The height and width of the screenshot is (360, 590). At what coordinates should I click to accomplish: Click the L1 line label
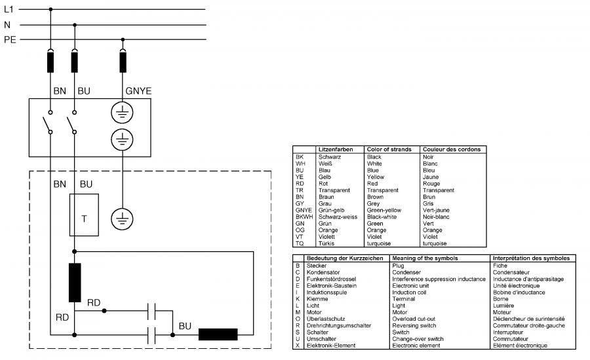pos(9,9)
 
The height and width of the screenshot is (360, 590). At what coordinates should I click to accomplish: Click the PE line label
pos(10,39)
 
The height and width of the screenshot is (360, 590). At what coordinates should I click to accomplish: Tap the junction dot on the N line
pos(75,25)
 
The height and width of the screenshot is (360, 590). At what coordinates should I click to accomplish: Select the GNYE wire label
pos(138,91)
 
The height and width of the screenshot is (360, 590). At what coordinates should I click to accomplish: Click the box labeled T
pos(84,215)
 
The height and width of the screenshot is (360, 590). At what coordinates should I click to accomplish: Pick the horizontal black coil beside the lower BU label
pos(218,334)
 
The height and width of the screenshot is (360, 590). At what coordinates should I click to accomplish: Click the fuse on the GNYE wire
pos(123,62)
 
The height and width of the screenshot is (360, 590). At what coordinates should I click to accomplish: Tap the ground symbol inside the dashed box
pos(122,219)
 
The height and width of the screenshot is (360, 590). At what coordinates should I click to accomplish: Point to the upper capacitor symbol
pos(151,311)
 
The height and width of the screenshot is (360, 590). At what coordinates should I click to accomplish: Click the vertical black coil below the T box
pos(75,283)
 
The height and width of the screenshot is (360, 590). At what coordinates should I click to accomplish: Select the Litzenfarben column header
pos(336,150)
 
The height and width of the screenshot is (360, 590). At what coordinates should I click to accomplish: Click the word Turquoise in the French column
pos(435,244)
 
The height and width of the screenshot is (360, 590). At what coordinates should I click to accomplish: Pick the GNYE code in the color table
pos(304,210)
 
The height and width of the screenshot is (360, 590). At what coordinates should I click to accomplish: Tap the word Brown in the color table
pos(375,197)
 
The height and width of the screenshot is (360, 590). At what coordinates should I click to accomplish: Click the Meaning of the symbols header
pos(425,258)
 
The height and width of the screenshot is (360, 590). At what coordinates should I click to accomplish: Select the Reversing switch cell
pos(414,326)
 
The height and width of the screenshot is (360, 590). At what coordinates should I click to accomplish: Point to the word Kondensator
pos(323,272)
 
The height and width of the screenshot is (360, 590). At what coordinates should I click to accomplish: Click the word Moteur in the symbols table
pos(502,312)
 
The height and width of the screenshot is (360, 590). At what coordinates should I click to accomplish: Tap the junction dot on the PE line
pos(123,39)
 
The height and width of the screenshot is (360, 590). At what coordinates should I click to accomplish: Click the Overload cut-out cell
pos(414,319)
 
